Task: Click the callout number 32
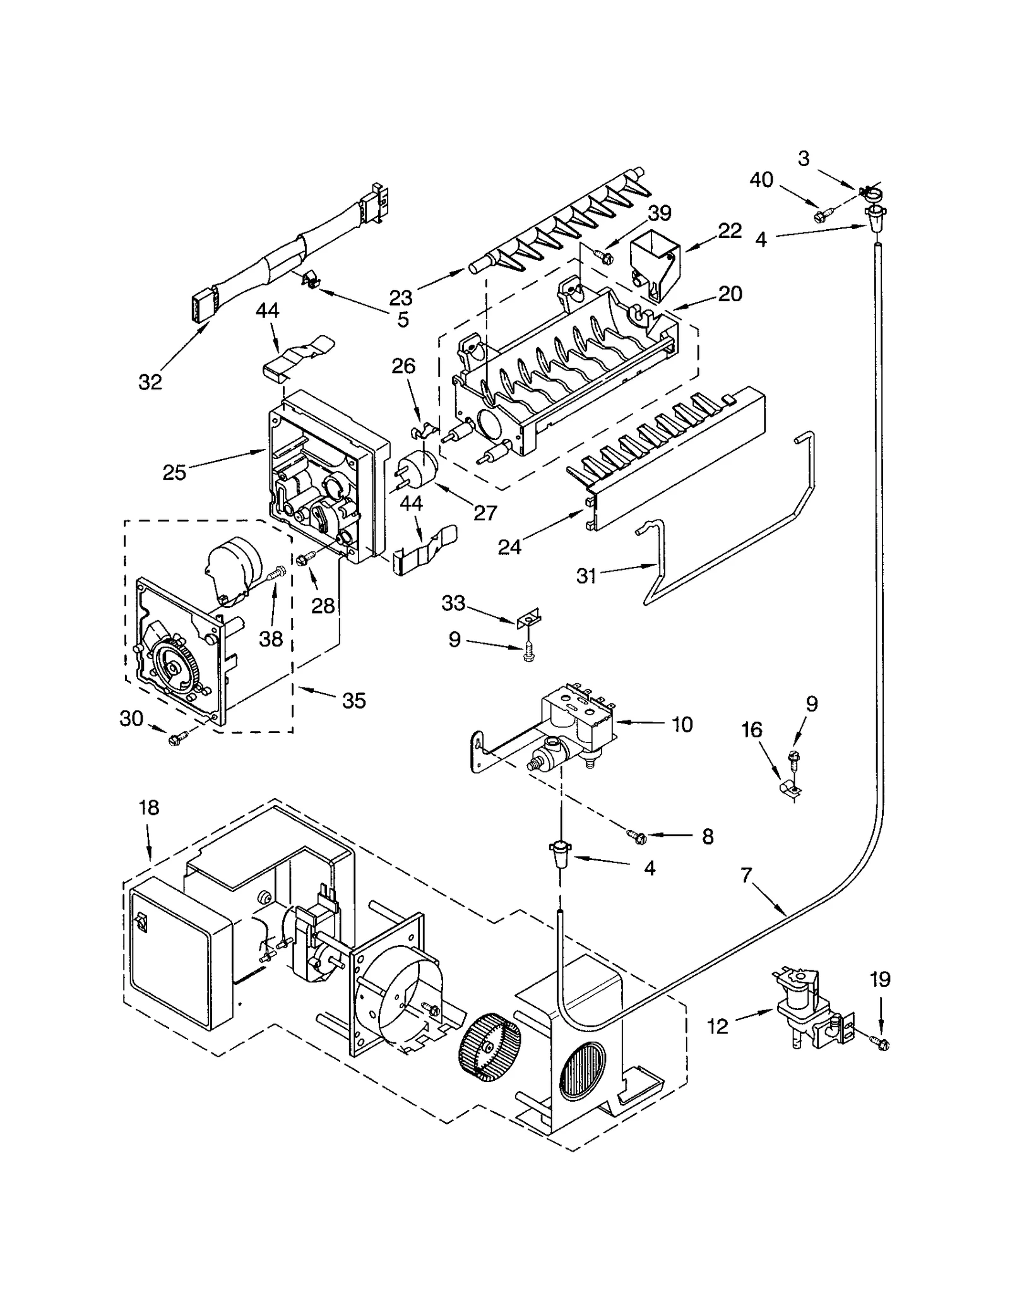(x=150, y=381)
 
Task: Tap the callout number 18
(x=149, y=807)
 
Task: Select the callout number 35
(x=353, y=700)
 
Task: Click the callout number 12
(x=718, y=1027)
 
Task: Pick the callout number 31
(x=586, y=576)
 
